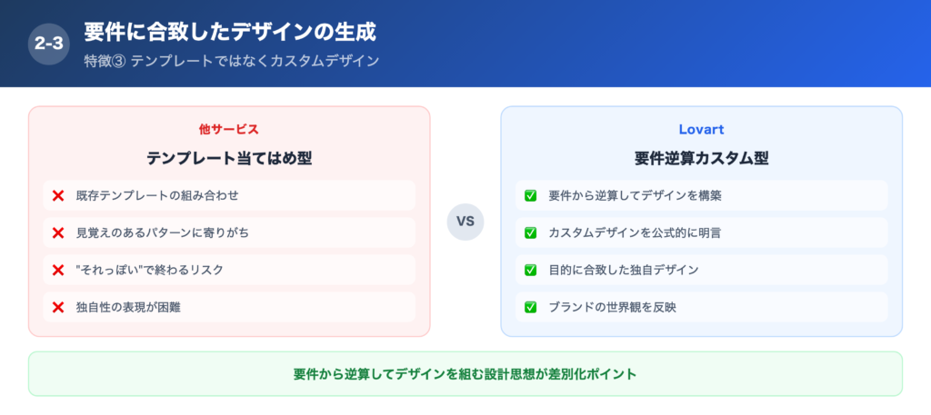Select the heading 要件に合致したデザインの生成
[x=230, y=32]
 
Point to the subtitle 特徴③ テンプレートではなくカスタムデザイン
[x=231, y=61]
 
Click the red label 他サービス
[x=229, y=129]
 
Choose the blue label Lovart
[x=701, y=129]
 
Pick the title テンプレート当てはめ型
[x=229, y=158]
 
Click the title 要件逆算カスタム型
[x=701, y=158]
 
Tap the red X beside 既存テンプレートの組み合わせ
[x=58, y=195]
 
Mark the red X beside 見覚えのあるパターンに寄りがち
[x=58, y=232]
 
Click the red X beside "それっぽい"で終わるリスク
[x=58, y=270]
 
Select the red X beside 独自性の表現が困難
[x=58, y=307]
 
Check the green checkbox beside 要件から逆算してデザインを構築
[x=530, y=195]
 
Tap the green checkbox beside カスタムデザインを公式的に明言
[x=530, y=232]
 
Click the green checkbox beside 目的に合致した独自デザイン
[x=530, y=270]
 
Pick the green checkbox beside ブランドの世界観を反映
[x=530, y=307]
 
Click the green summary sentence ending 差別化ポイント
[x=465, y=374]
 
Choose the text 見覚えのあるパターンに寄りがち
[x=162, y=232]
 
